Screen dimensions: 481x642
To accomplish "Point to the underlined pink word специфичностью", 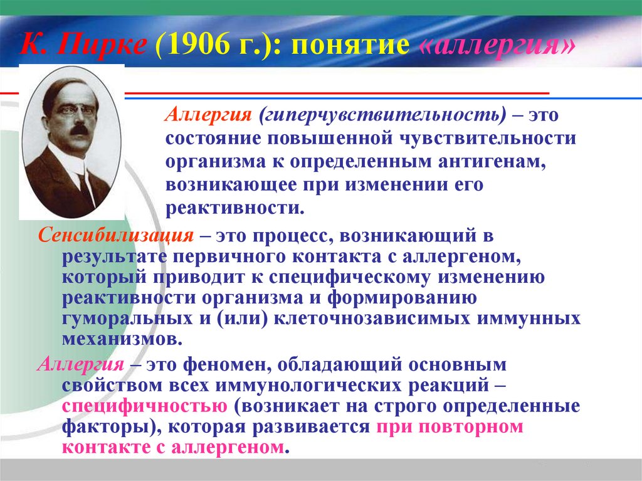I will coord(145,406).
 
